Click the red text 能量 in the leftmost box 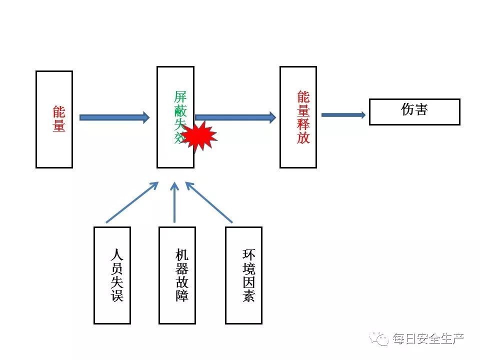(x=59, y=119)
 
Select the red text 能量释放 (x=303, y=117)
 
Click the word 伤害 (x=414, y=110)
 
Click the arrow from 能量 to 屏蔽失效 (x=114, y=117)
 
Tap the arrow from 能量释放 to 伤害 (x=343, y=115)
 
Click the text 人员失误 (x=116, y=275)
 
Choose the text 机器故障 (x=181, y=275)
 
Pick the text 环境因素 (x=248, y=275)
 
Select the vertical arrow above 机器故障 (x=174, y=202)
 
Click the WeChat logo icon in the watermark (x=381, y=339)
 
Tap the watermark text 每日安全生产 (x=428, y=339)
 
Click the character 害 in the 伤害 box (x=421, y=110)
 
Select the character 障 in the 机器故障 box (x=181, y=295)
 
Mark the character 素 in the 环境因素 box (x=248, y=295)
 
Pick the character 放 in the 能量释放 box (x=303, y=137)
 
